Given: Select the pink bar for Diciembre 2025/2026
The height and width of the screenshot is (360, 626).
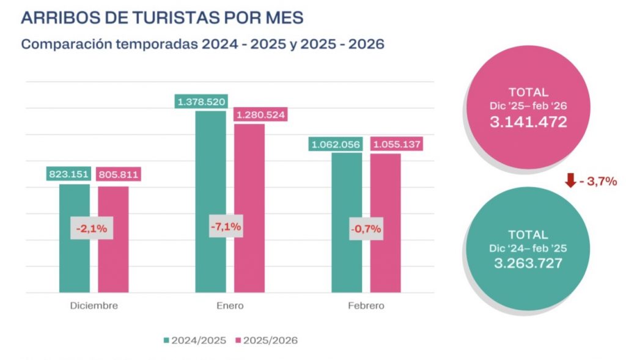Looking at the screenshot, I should pyautogui.click(x=113, y=263).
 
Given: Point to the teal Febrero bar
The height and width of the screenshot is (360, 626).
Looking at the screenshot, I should pyautogui.click(x=347, y=263).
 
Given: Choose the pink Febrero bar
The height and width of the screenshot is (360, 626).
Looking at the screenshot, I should pyautogui.click(x=386, y=263).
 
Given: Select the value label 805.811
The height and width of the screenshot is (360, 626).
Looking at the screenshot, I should pyautogui.click(x=118, y=174).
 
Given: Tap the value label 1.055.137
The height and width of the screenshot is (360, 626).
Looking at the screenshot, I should pyautogui.click(x=396, y=144).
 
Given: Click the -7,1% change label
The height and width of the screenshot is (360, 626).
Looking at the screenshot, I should pyautogui.click(x=226, y=227).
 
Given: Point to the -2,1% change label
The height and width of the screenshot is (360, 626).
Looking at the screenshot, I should pyautogui.click(x=92, y=229).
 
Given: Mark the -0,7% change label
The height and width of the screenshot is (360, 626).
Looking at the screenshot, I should pyautogui.click(x=366, y=229).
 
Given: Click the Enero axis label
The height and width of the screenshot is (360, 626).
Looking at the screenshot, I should pyautogui.click(x=230, y=305).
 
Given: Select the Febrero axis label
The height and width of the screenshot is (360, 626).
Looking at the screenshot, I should pyautogui.click(x=366, y=305).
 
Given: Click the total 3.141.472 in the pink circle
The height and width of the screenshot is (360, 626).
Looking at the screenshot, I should pyautogui.click(x=528, y=122).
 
